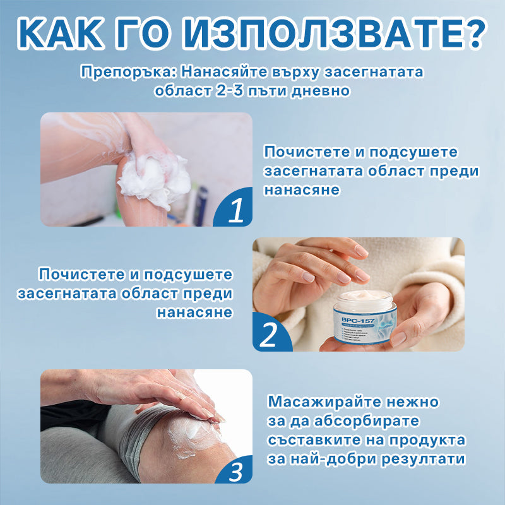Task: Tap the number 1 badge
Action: [235, 211]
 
